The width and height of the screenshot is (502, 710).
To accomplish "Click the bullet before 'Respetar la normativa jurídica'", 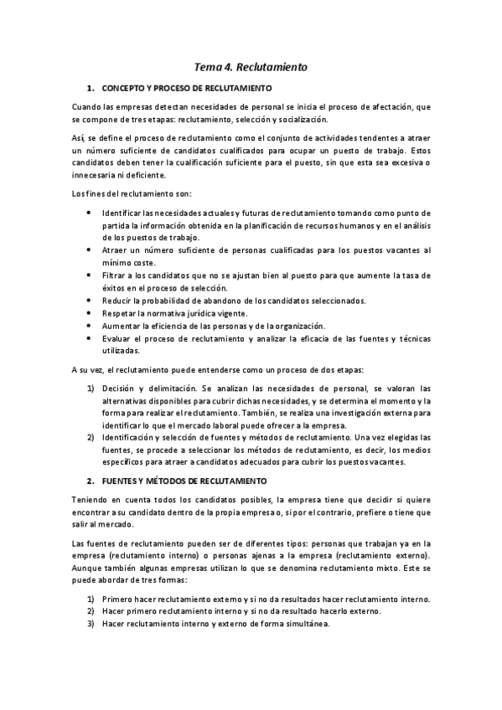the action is coord(90,313).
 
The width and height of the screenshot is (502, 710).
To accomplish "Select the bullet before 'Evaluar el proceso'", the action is coord(90,338).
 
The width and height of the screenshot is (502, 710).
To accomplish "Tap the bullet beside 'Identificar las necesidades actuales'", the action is coord(90,213).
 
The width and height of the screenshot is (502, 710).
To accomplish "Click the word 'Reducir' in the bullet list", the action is coord(117,301).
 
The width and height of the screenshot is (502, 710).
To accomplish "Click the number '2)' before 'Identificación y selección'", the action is coord(91,437).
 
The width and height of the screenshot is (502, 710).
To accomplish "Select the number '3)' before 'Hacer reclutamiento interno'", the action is coord(91,623).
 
